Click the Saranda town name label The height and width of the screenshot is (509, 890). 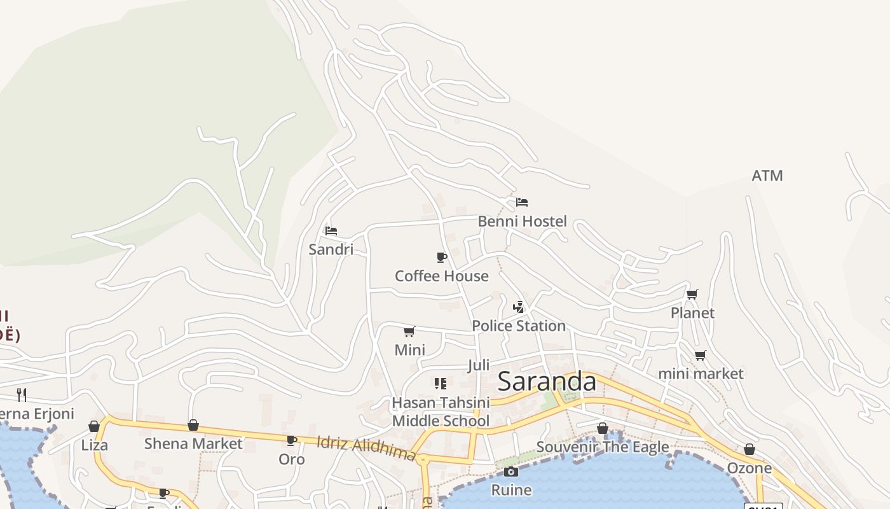(547, 382)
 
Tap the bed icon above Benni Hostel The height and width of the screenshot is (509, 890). (522, 202)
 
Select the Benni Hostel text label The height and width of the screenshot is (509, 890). (522, 221)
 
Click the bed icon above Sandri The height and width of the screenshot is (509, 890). (331, 230)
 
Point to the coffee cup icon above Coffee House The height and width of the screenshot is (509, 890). (442, 257)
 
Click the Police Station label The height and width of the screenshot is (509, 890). (518, 326)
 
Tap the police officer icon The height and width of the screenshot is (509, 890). (519, 307)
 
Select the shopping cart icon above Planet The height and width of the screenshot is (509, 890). (692, 294)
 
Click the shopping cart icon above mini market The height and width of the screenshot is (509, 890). (700, 355)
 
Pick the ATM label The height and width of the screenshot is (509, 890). (767, 176)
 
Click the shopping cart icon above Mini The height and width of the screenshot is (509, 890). (409, 331)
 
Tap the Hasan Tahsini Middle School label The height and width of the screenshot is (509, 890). (441, 412)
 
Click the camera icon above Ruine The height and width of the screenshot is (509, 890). (511, 471)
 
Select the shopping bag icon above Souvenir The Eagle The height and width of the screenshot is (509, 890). (603, 428)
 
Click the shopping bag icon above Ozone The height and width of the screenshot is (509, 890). (750, 449)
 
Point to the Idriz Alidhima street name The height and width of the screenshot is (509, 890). (366, 448)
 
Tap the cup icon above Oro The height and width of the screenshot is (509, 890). (292, 440)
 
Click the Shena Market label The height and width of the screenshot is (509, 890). (193, 443)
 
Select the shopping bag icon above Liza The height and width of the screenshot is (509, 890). (94, 426)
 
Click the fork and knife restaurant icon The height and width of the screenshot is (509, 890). (22, 394)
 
